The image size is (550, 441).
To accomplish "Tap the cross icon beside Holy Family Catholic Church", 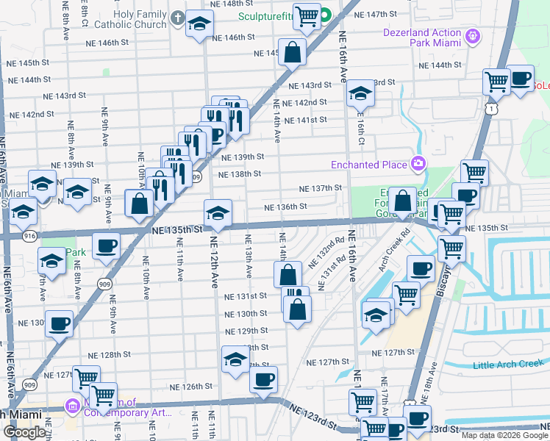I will point(177,17).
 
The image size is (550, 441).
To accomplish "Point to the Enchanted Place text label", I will point(369,164).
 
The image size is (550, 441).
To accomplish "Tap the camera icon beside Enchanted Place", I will point(418,162).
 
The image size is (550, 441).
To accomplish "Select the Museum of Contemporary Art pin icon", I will point(73,406).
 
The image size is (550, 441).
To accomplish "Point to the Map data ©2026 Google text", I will point(504,435).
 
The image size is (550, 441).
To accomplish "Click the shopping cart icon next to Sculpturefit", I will point(307,15).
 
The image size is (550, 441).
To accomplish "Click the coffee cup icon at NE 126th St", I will point(263,380).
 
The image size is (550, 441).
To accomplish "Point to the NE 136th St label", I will point(285,207).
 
